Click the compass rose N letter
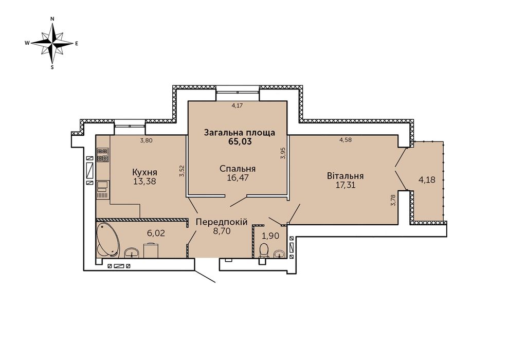pos(52,19)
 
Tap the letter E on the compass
pos(77,43)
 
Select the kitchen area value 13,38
pos(145,181)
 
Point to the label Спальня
pos(238,169)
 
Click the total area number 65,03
pos(240,141)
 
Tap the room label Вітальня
pos(345,176)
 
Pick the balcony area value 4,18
pos(427,179)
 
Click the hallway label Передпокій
pos(222,222)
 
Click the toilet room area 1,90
pos(270,236)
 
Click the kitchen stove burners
pos(103,155)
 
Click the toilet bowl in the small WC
pos(264,250)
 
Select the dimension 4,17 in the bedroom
pos(238,105)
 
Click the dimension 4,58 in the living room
pos(346,140)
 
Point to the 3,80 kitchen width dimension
pos(146,140)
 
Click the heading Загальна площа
pos(240,133)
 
